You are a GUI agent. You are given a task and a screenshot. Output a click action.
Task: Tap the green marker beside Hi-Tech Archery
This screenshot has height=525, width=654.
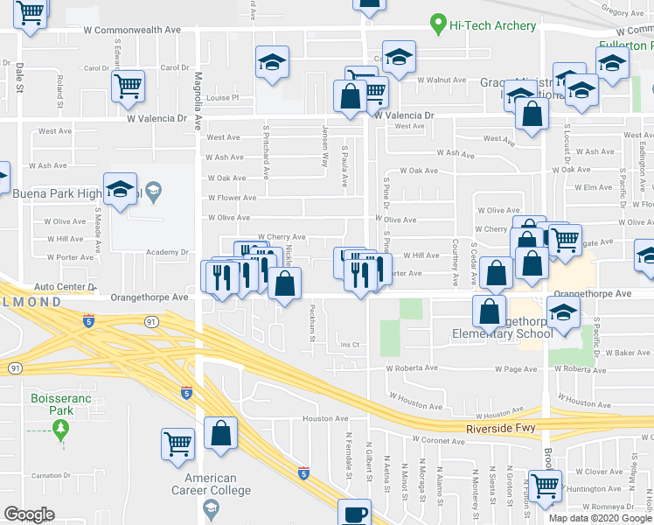[x=438, y=25]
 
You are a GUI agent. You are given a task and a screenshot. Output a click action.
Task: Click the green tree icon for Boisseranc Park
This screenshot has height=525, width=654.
[x=60, y=429]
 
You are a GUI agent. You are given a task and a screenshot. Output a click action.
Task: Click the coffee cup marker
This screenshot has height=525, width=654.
[x=354, y=513]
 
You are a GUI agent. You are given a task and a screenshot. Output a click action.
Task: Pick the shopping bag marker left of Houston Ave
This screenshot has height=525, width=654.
[x=220, y=432]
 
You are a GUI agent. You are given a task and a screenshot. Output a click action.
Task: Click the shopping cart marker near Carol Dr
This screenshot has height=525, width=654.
[x=129, y=85]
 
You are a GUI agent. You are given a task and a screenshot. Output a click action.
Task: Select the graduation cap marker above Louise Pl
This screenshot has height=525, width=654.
[x=272, y=62]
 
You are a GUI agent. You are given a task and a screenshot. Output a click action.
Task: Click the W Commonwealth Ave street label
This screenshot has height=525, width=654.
[x=132, y=30]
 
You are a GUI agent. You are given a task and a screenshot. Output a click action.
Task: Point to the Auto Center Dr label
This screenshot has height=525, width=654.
[x=59, y=286]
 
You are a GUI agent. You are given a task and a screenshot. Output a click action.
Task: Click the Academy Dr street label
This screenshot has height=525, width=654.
[x=167, y=252]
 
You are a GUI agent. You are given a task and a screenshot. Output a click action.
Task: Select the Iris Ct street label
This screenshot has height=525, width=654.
[x=350, y=345]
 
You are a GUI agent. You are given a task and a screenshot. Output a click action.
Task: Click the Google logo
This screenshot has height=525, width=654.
[x=29, y=515]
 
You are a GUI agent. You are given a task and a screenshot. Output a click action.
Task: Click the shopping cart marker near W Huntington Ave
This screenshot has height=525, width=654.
[x=545, y=483]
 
